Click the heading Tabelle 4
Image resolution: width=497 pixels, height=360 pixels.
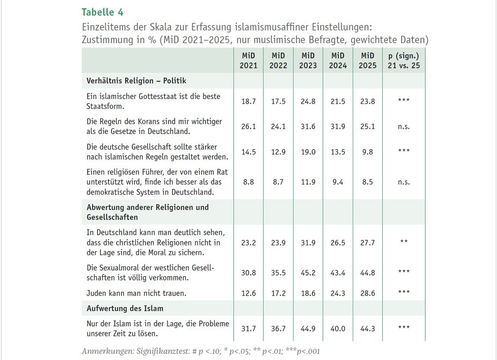[x=102, y=12]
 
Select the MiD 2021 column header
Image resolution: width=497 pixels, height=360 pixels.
[x=248, y=60]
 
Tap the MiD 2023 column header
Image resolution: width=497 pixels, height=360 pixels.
[x=308, y=60]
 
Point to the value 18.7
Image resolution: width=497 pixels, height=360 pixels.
[x=248, y=101]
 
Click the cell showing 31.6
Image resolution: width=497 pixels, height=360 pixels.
[x=308, y=127]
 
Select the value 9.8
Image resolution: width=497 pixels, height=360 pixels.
[x=368, y=152]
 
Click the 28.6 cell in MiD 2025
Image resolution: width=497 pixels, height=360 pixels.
[x=368, y=293]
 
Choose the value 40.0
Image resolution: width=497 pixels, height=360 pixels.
[x=338, y=329]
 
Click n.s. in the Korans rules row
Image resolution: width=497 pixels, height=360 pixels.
[x=403, y=127]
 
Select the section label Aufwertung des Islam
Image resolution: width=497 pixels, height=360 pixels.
[x=125, y=308]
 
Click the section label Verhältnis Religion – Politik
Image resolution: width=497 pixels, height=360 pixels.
[x=136, y=81]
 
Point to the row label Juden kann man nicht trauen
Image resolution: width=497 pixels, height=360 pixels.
[x=136, y=293]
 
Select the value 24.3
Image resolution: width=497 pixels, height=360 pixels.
[x=338, y=293]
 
